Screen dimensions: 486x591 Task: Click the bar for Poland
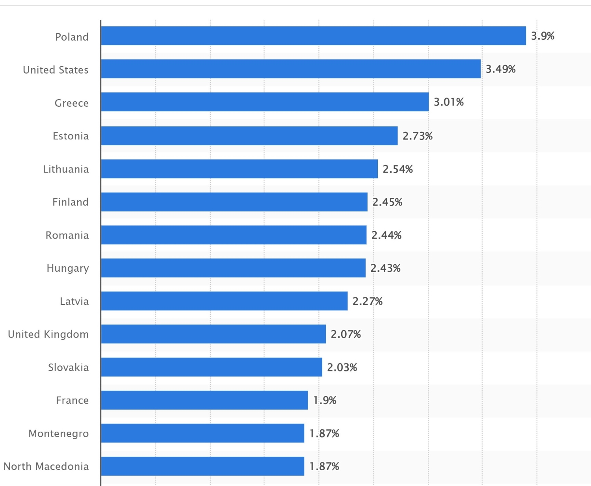point(313,36)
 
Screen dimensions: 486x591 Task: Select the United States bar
point(291,69)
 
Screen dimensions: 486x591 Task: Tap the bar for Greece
point(265,102)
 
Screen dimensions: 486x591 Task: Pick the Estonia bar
point(249,136)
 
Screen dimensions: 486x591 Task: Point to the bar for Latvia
point(224,301)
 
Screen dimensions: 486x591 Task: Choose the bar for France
point(204,400)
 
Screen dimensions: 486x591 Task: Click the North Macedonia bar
point(203,466)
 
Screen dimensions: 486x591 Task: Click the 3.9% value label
point(543,36)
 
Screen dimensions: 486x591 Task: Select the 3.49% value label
point(500,69)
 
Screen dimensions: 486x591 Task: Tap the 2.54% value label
point(398,169)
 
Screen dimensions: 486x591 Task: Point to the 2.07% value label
point(346,334)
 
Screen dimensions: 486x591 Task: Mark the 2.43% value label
point(385,268)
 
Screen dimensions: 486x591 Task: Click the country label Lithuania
point(66,169)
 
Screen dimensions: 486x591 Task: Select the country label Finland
point(71,202)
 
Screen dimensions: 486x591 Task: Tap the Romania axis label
point(67,235)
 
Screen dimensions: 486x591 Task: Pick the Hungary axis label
point(68,268)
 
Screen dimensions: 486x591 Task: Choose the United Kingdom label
point(48,334)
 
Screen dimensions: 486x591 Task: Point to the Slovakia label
point(68,367)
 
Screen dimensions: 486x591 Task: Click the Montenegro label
point(59,433)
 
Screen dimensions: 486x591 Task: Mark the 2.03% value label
point(342,367)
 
